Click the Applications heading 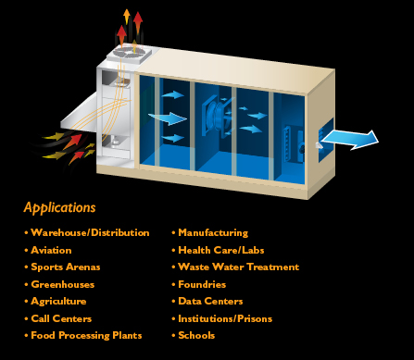60,207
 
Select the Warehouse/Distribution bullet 90,232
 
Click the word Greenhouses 65,284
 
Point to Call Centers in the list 61,318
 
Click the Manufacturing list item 213,232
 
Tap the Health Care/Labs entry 220,250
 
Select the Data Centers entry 210,301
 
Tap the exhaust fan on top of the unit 129,54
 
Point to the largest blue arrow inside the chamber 168,118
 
